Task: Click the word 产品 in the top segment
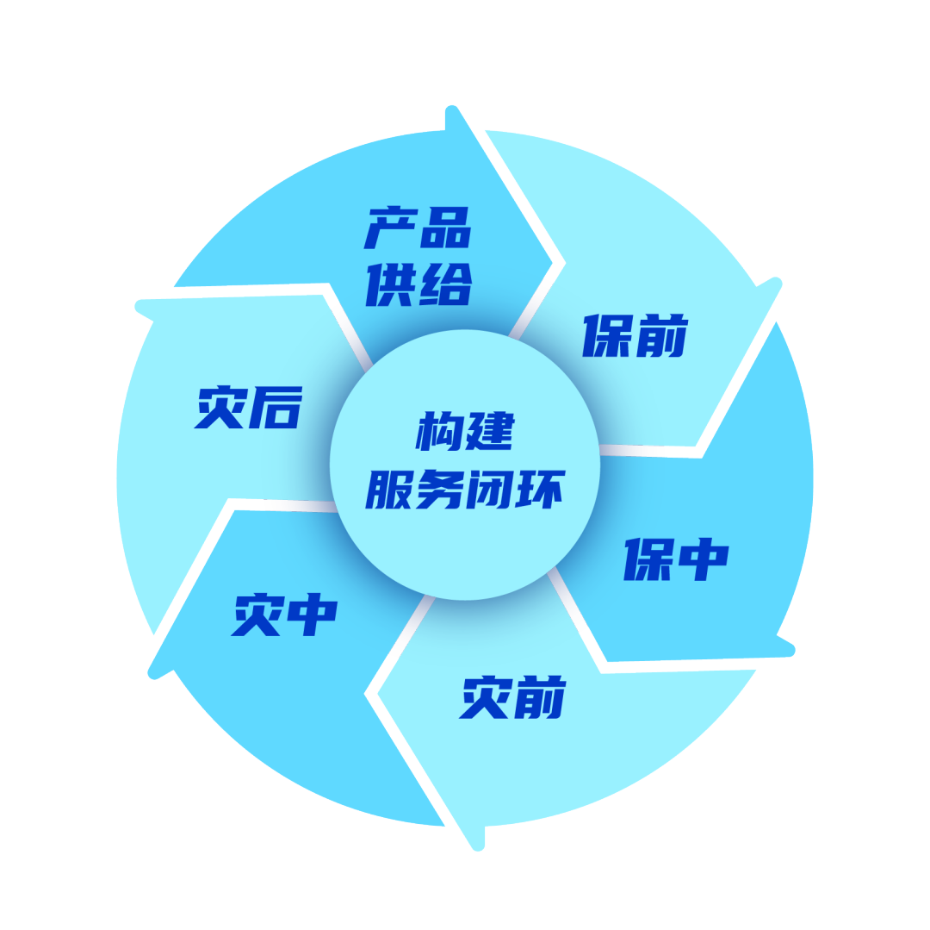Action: click(418, 228)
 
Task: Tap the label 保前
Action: click(635, 336)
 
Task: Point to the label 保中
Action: click(677, 559)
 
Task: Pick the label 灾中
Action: click(285, 614)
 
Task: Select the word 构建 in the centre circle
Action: click(465, 430)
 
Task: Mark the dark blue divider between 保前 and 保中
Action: click(631, 450)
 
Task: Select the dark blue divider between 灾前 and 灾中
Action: click(412, 626)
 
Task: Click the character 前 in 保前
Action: click(661, 336)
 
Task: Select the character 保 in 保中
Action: click(649, 559)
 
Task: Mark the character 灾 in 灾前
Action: click(487, 697)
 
